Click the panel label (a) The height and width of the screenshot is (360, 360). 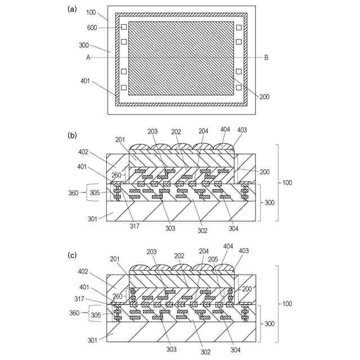(x=71, y=8)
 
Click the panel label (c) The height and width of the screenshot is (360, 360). (x=71, y=254)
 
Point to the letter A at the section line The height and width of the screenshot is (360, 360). (x=88, y=57)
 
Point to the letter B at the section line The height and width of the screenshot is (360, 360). (x=266, y=57)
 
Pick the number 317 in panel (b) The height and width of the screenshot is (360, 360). (x=134, y=227)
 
